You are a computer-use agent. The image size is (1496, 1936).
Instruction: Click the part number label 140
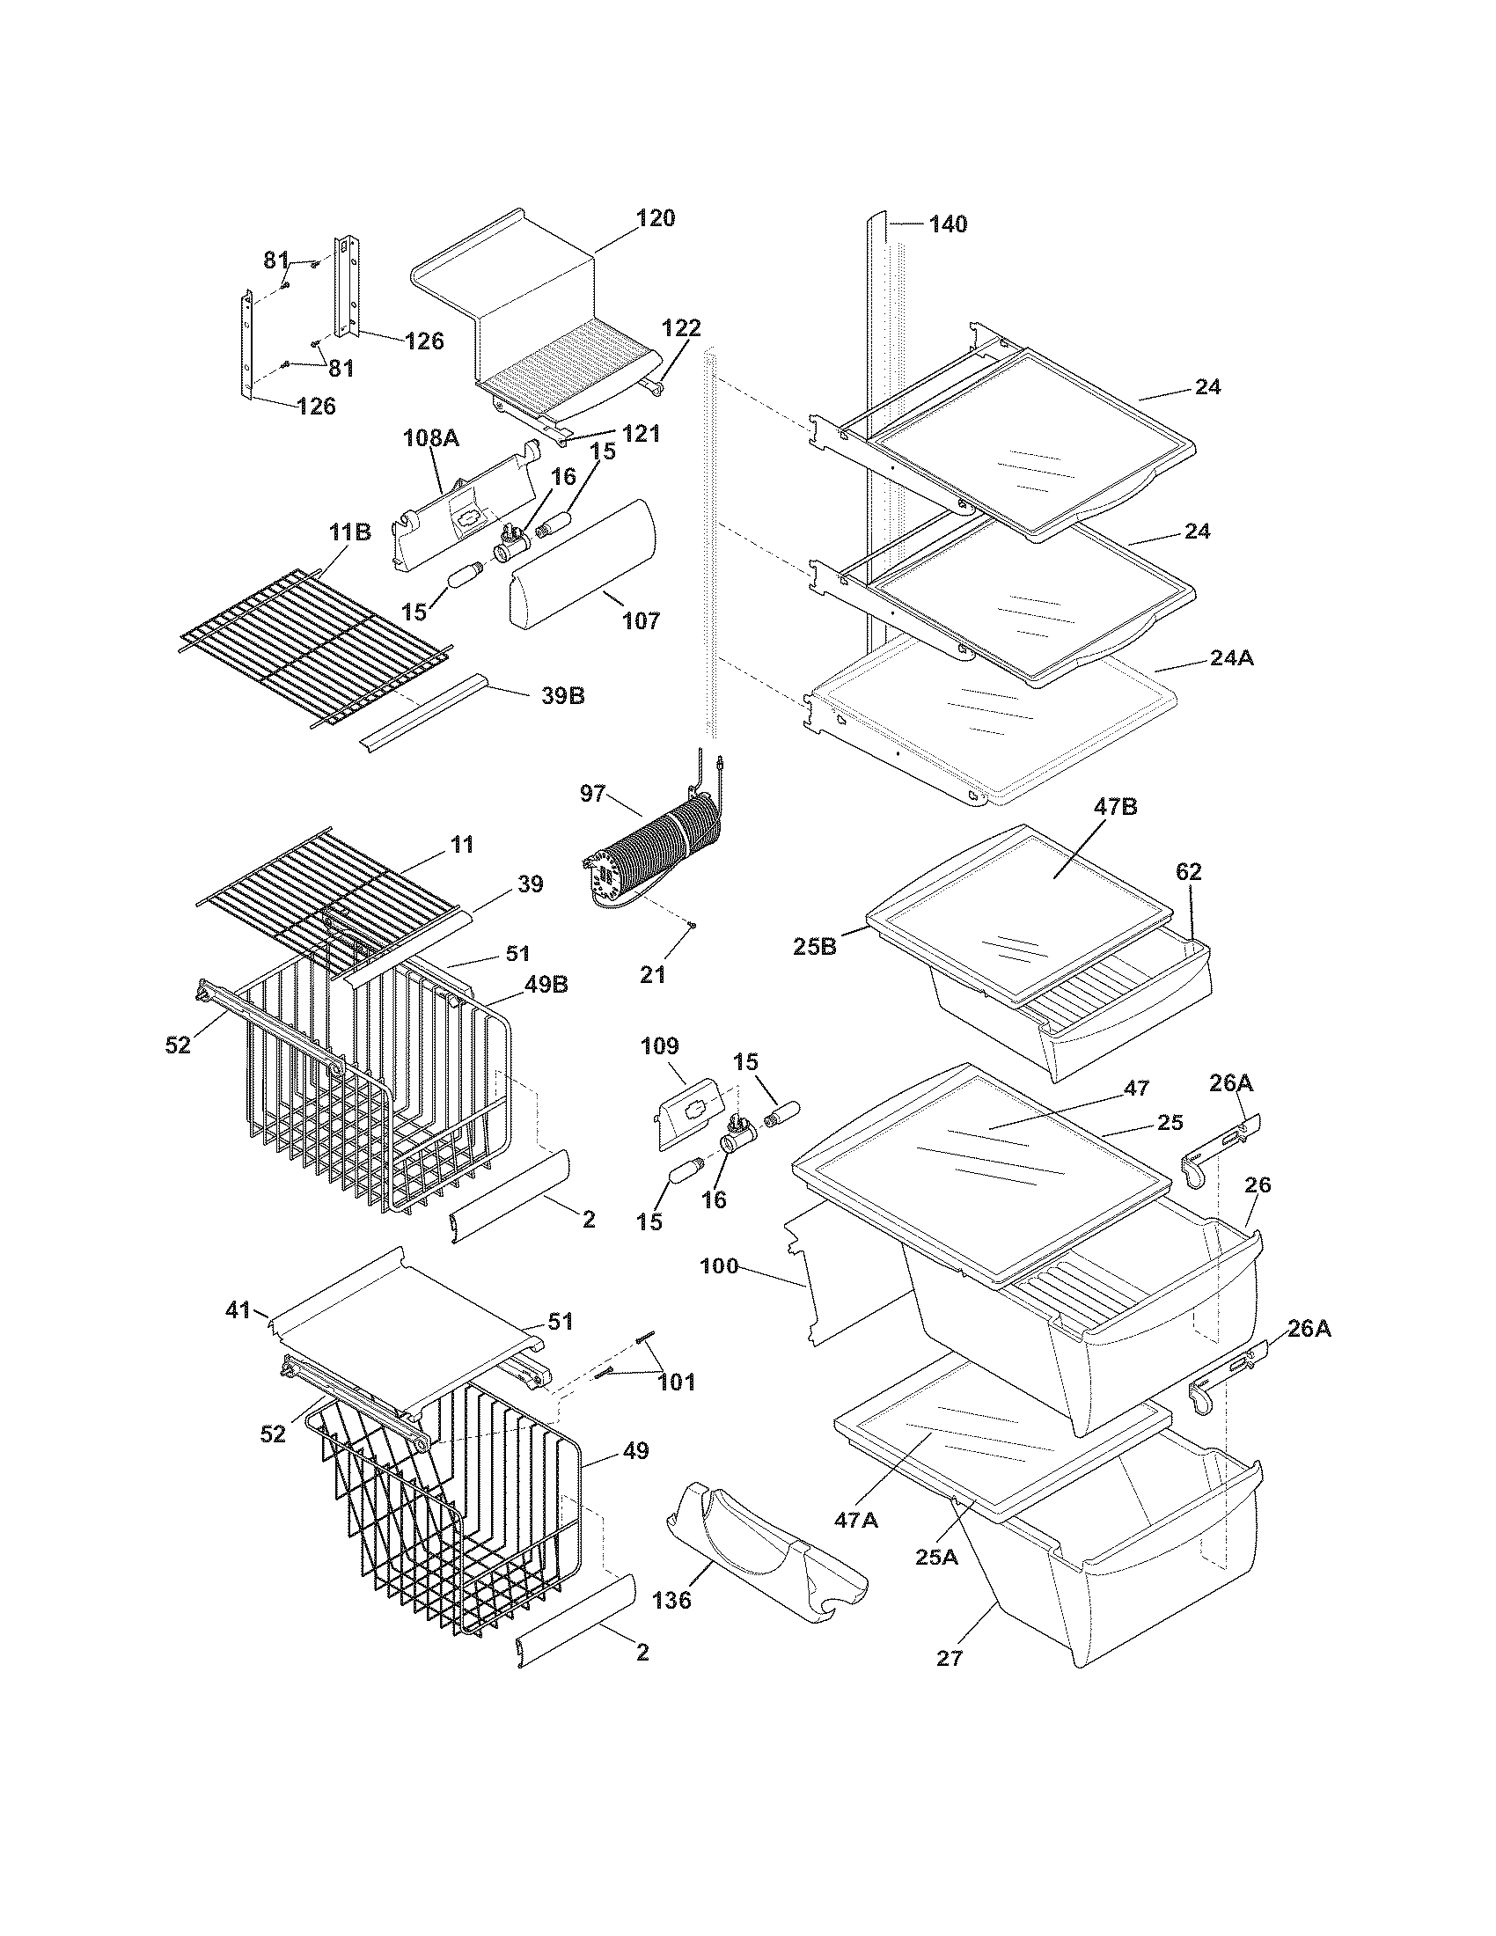[x=948, y=224]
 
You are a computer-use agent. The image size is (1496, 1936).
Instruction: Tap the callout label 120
[x=656, y=218]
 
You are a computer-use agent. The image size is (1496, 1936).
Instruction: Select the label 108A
[x=430, y=437]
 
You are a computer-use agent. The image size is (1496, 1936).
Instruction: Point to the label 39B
[x=563, y=696]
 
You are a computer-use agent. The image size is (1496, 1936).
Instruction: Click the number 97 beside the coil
[x=592, y=794]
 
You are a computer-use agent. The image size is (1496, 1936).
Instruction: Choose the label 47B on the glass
[x=1115, y=807]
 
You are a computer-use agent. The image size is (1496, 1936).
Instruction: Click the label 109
[x=659, y=1046]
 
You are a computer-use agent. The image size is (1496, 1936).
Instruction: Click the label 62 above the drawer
[x=1189, y=871]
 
